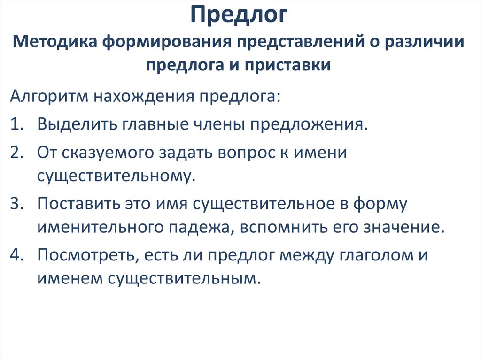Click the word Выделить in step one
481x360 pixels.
(78, 124)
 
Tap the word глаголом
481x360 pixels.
(367, 256)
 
